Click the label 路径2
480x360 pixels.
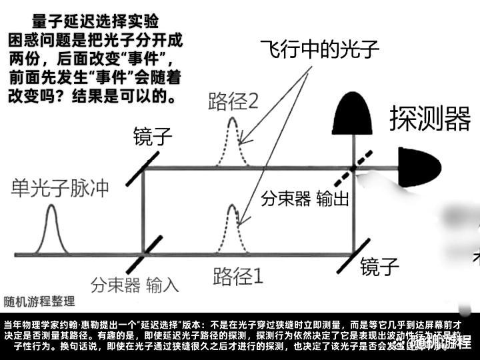click(x=233, y=102)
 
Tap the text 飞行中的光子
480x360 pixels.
click(x=319, y=49)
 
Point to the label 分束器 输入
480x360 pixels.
click(x=135, y=286)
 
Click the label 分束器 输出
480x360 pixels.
click(x=305, y=199)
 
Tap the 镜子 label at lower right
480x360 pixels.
click(x=380, y=267)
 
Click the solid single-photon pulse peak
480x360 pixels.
click(x=52, y=230)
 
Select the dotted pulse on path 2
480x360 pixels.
click(x=233, y=143)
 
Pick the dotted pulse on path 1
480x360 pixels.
click(x=233, y=230)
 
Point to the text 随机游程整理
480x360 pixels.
click(x=38, y=301)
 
